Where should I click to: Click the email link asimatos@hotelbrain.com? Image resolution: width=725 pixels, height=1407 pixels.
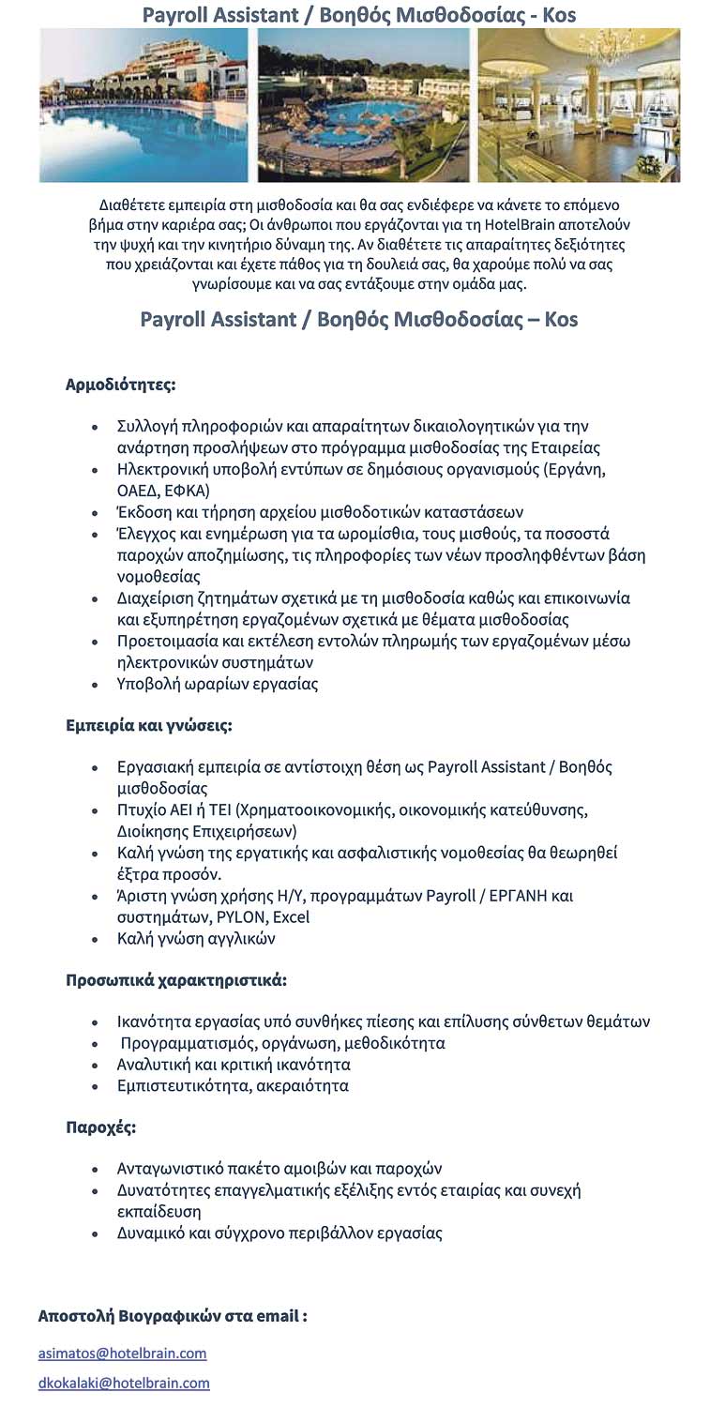122,1353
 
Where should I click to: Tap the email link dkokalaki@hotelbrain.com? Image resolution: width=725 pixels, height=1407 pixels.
124,1383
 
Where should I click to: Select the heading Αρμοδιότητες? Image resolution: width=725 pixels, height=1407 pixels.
120,385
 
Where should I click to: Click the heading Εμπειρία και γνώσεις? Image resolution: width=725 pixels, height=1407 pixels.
148,726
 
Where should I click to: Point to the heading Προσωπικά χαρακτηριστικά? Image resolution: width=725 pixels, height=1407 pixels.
175,980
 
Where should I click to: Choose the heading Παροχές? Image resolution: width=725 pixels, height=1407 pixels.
100,1127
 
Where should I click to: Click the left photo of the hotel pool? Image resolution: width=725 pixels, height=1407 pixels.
143,104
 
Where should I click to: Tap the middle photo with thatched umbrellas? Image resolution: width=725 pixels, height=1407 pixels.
363,104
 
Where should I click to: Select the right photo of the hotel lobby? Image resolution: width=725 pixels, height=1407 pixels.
579,104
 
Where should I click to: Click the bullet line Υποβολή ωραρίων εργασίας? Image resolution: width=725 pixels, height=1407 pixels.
217,684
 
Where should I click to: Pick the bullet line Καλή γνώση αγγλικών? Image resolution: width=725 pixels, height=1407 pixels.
195,939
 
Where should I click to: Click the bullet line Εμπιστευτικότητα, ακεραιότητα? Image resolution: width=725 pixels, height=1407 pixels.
232,1086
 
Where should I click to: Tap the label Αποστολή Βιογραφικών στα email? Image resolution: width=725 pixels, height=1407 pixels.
172,1316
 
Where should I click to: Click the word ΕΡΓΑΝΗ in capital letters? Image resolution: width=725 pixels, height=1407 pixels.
521,896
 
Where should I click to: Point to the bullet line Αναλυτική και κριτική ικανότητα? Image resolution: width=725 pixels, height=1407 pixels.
233,1065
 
